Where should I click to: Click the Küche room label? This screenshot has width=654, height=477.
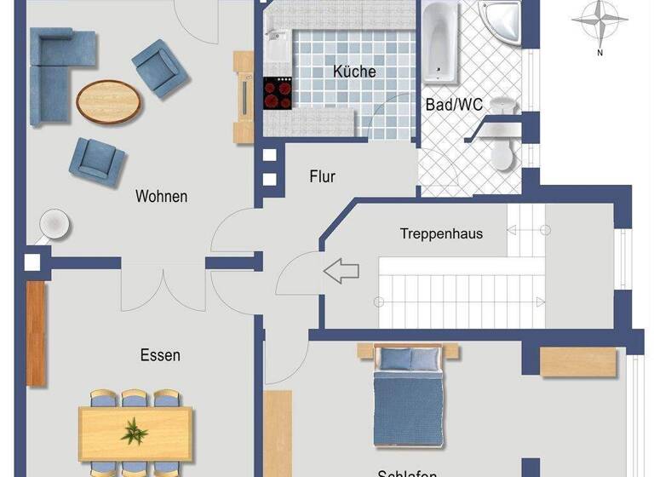click(x=355, y=72)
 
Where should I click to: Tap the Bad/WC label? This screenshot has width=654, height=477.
click(x=454, y=104)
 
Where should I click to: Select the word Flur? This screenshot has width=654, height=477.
click(x=322, y=177)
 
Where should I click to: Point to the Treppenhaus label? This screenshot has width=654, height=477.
click(x=441, y=233)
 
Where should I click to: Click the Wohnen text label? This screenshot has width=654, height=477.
click(x=161, y=196)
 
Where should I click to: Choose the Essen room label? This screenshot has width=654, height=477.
click(x=160, y=355)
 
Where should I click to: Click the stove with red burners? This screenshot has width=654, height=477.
click(x=278, y=93)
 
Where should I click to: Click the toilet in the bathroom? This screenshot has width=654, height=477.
click(x=502, y=152)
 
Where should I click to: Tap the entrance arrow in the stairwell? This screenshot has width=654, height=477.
click(x=341, y=273)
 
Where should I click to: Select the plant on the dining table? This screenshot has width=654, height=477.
click(x=135, y=431)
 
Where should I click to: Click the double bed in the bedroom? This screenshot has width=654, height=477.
click(x=407, y=396)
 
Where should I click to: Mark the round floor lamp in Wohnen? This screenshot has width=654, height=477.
click(x=54, y=223)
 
